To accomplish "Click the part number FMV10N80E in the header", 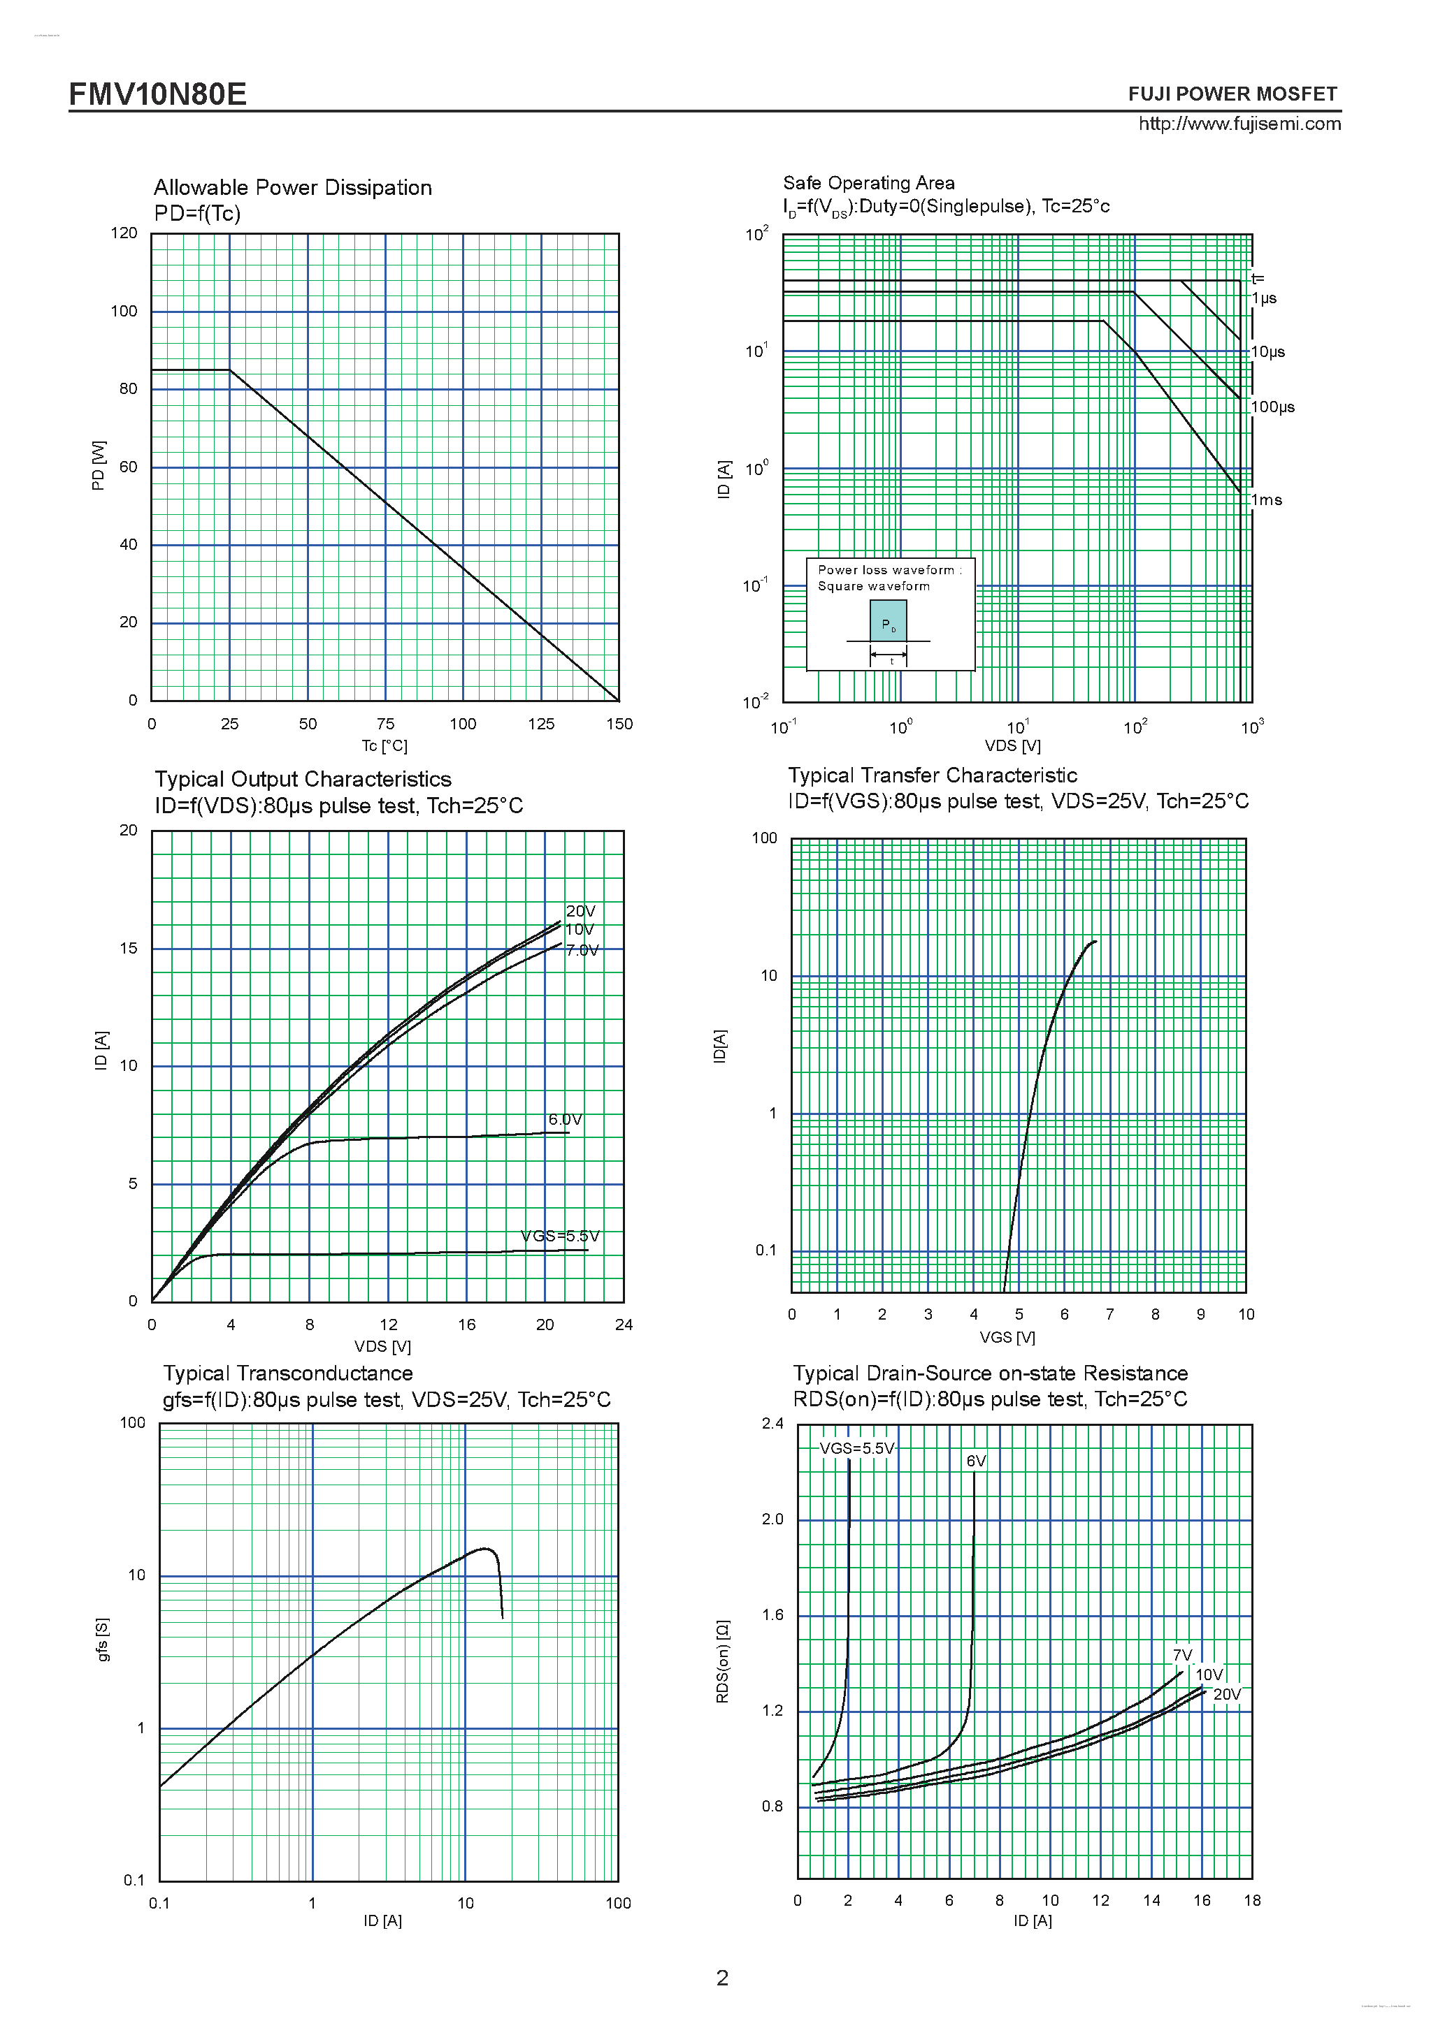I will tap(157, 94).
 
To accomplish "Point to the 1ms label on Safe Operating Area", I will tap(1266, 499).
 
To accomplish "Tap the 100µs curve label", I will tap(1272, 407).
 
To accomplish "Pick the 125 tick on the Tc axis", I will tap(540, 724).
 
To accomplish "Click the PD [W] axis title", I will tap(98, 465).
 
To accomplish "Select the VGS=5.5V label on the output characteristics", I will tap(560, 1237).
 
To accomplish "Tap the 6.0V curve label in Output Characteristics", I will tap(565, 1120).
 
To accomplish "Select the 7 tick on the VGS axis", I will tap(1109, 1315).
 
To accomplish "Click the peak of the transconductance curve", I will tap(485, 1548).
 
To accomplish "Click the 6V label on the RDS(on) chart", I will tap(976, 1461).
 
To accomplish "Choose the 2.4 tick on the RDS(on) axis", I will tap(772, 1424).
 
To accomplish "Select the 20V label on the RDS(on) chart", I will tap(1227, 1694).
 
